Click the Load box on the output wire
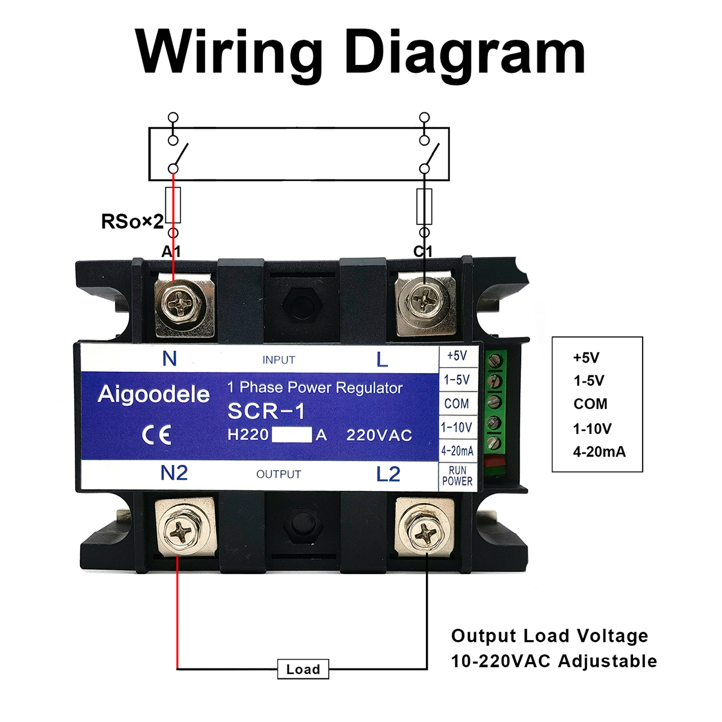coord(303,669)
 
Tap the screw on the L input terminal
coord(426,298)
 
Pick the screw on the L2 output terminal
coord(425,531)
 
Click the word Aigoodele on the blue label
coord(154,394)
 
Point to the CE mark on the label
coord(157,434)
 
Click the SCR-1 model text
coord(266,411)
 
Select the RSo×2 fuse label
coord(132,221)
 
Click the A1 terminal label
coord(171,251)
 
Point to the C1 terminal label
coord(423,251)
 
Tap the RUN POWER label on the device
coord(457,476)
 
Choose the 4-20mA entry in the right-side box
coord(599,452)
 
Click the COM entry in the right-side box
coord(590,404)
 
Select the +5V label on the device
coord(457,356)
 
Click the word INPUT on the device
coord(279,360)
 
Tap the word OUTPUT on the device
coord(279,474)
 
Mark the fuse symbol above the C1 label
coord(424,206)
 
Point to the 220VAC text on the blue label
coord(379,435)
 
